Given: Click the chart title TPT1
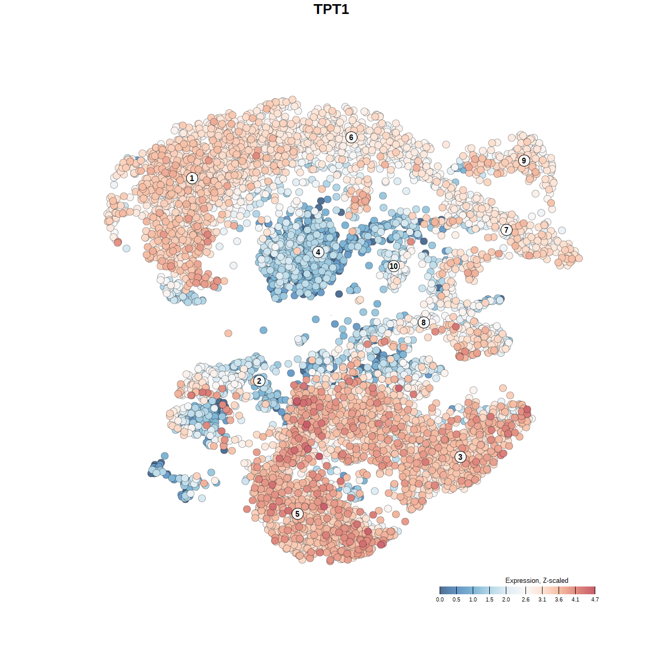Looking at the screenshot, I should coord(331,9).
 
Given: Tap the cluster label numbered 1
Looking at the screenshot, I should coord(192,178).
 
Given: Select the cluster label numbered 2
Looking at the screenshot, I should coord(259,381).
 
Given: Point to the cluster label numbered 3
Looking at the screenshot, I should coord(460,457).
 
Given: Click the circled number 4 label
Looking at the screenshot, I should coord(318,252).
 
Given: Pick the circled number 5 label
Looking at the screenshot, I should coord(297,514).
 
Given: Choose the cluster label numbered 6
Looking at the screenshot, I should coord(351,137).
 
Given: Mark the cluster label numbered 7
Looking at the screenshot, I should coord(506,230).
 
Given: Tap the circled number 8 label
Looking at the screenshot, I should coord(424,323).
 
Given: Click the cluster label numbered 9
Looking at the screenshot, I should coord(524,160).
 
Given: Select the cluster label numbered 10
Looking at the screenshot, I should coord(394,266).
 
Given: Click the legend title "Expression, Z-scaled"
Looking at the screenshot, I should coord(536,580).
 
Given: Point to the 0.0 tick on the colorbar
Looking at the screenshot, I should coord(440,599).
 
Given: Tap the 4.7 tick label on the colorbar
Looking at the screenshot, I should coord(595,599).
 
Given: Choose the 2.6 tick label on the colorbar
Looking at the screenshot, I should coord(525,599).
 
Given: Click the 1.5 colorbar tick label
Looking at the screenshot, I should coord(489,599).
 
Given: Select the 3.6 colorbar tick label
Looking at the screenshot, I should coord(559,599).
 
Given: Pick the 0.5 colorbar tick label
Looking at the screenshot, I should coord(456,599).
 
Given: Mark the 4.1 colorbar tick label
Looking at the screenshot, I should coord(575,599).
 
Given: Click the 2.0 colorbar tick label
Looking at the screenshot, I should coord(506,599).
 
